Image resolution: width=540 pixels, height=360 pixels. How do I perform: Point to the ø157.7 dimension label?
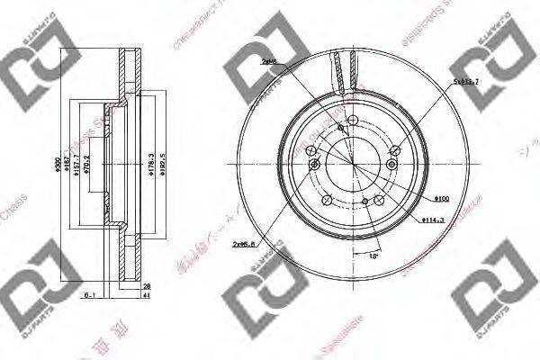coord(76,166)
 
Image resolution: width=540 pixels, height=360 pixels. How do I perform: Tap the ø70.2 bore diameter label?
coord(87,166)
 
